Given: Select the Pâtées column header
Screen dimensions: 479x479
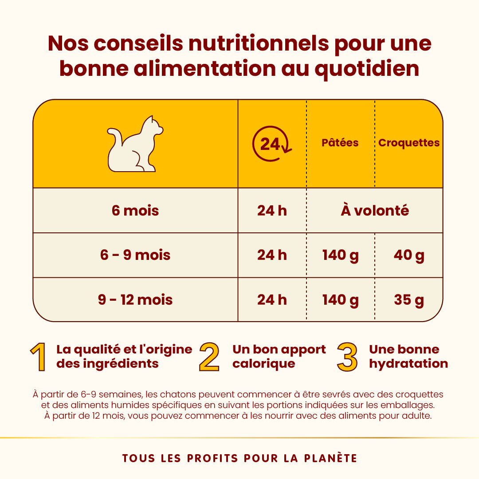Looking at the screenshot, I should tap(340, 143).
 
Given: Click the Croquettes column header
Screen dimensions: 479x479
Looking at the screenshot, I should tap(409, 143).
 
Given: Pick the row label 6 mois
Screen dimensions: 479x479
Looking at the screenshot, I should tap(135, 210).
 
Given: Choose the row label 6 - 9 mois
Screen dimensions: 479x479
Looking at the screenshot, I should tap(135, 255).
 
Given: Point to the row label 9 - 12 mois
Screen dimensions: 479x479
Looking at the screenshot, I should tap(135, 300).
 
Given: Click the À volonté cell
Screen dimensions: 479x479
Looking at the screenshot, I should tap(375, 210).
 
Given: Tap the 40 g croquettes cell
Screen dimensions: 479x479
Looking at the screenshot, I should tap(409, 255).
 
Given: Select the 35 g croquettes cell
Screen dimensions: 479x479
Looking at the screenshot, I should tap(409, 300).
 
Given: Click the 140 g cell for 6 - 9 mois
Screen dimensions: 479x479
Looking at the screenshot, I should tap(340, 255).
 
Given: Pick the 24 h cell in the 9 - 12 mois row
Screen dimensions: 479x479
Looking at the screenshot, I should tap(272, 300).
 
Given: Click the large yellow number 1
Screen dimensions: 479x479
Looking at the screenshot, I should tap(39, 357).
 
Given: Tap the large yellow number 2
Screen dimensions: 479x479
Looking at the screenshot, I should tap(209, 357).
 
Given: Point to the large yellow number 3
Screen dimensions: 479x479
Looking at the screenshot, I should tap(347, 357).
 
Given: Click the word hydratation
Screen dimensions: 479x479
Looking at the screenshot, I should tap(408, 364).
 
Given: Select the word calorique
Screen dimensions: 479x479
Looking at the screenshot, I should tap(263, 364).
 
